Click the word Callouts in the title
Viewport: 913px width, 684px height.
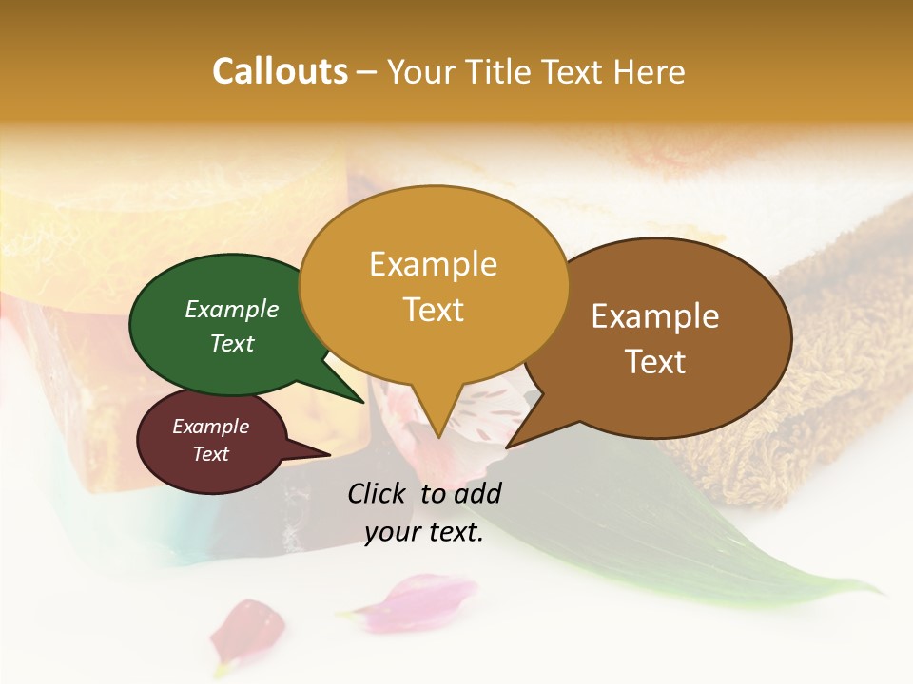[280, 71]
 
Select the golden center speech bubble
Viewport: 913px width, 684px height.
[434, 285]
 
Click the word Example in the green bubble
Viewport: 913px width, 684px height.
[232, 309]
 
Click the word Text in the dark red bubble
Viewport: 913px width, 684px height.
[211, 454]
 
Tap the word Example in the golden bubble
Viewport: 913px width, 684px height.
[434, 263]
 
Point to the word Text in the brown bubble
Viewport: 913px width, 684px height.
[656, 362]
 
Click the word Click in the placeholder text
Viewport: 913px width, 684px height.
[379, 493]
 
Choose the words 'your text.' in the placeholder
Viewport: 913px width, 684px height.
[424, 533]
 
